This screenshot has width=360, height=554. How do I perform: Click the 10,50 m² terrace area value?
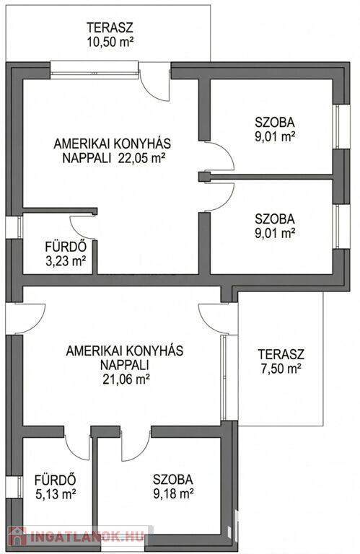point(110,42)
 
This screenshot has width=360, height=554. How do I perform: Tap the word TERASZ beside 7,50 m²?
point(281,353)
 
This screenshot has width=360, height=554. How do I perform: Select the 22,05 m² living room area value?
point(141,157)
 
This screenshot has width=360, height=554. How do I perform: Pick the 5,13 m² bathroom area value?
point(56,494)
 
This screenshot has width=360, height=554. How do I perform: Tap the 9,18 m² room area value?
point(173,493)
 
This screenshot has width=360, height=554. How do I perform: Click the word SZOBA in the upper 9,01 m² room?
point(275,123)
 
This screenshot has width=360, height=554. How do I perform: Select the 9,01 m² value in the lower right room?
point(275,232)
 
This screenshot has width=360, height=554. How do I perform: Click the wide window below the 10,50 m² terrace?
point(94,70)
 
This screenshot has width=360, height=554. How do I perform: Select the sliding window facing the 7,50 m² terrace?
point(224,377)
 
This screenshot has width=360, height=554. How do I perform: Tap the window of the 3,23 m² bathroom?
point(14,227)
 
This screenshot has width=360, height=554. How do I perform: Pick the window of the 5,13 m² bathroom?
point(14,487)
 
